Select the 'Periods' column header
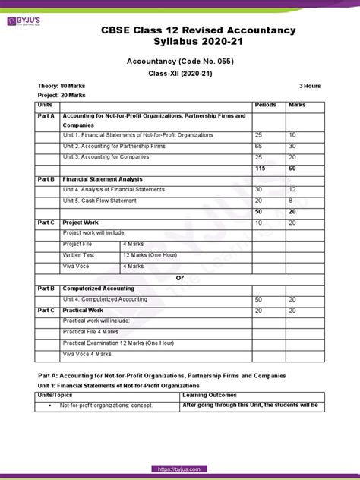265,105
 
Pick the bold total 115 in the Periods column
262,168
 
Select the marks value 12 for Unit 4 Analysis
294,189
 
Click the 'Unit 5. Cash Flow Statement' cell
99,201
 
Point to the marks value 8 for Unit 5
292,201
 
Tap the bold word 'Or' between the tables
180,278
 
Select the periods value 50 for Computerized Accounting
261,299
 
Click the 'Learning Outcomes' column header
210,395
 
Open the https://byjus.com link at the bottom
180,470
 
